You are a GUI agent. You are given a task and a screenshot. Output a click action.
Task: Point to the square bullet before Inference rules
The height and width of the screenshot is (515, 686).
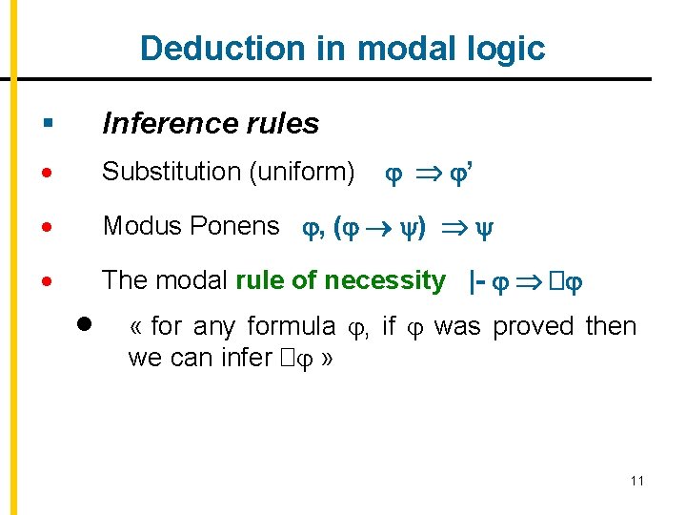click(48, 123)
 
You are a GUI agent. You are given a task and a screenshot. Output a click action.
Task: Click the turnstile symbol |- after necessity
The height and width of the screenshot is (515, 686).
click(478, 280)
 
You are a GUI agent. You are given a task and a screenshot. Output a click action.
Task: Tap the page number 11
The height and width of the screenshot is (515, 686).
click(636, 481)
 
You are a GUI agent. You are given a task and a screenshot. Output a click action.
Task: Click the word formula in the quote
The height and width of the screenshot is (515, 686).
click(291, 326)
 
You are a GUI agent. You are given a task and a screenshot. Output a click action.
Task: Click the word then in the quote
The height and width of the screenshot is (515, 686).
click(611, 326)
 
